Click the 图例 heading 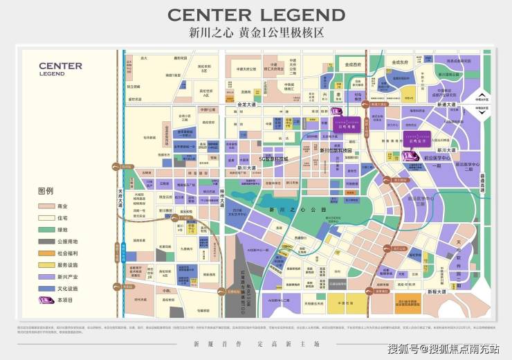46,191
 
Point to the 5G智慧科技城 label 276,160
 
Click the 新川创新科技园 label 336,150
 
